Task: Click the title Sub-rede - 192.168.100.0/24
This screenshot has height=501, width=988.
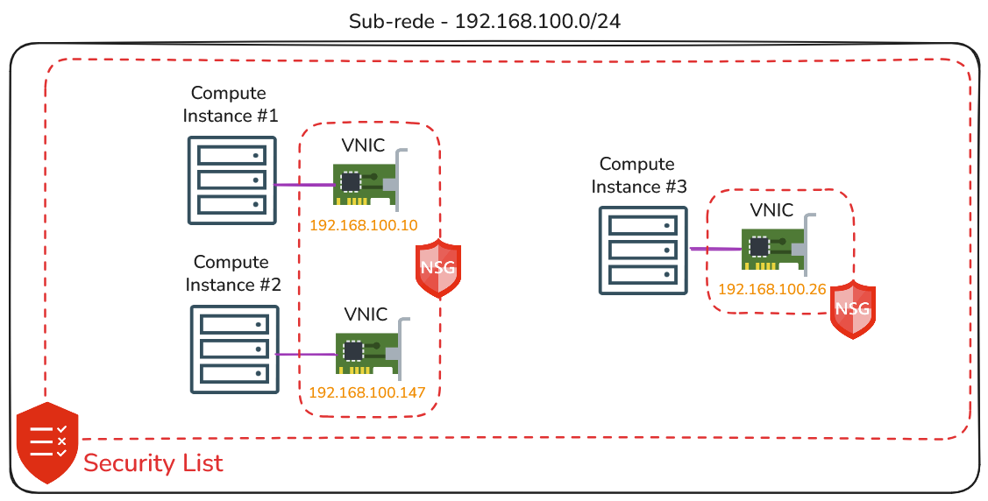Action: point(485,21)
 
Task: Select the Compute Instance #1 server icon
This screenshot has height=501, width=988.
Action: point(232,180)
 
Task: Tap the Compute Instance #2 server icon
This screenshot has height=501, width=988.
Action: point(234,350)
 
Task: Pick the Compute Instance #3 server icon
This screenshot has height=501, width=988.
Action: point(643,250)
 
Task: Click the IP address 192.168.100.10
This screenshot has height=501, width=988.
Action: point(364,225)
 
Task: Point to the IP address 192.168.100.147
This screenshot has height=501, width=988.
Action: point(366,392)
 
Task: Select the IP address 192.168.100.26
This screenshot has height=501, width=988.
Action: point(771,289)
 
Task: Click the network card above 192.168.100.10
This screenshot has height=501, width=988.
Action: point(371,180)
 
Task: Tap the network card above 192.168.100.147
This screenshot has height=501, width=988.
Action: point(373,348)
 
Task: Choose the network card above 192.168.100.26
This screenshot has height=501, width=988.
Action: point(778,244)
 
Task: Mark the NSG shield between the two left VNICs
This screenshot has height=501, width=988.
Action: point(438,268)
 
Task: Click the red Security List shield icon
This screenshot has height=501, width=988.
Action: point(47,443)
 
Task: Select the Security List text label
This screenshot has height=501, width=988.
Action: point(153,463)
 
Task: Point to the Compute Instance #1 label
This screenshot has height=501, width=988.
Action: point(230,104)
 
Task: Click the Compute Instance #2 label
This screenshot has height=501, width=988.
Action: point(232,273)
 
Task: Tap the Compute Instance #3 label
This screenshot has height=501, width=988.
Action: point(639,175)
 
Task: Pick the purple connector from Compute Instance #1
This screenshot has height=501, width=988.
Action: point(305,185)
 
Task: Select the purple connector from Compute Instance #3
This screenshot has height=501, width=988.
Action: point(715,250)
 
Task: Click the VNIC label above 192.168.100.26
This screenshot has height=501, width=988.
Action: point(771,210)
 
